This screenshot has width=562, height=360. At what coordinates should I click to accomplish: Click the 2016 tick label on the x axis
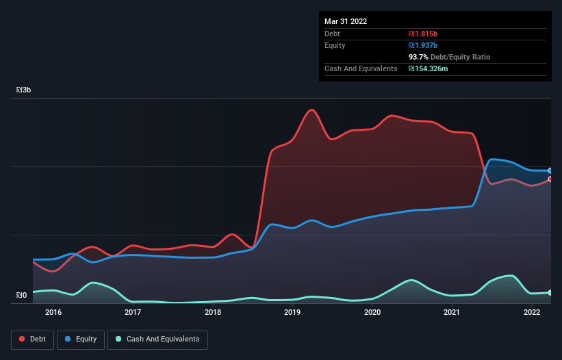(x=53, y=312)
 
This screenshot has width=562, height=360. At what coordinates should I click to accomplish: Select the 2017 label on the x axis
(x=133, y=312)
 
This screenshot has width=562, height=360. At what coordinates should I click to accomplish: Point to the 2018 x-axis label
(x=213, y=312)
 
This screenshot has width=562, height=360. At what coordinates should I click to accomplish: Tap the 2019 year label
(x=292, y=312)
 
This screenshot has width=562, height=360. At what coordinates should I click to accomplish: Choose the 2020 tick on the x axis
(x=372, y=312)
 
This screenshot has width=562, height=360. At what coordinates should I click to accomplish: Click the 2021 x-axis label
(x=452, y=312)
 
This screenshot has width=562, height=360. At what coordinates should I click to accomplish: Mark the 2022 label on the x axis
(x=532, y=312)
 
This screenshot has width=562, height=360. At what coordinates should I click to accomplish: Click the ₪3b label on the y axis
(x=23, y=90)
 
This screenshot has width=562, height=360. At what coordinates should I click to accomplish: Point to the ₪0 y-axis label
(x=21, y=296)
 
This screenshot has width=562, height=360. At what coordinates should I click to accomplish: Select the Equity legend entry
(x=81, y=339)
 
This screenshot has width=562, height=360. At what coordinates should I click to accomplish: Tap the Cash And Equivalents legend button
(x=157, y=339)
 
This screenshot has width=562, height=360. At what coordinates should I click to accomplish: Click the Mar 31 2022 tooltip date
(x=346, y=21)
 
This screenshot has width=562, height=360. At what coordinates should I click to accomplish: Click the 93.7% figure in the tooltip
(x=420, y=57)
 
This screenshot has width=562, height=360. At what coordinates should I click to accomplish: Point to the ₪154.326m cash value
(x=429, y=68)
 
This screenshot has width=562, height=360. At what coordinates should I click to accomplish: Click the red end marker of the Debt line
(x=550, y=179)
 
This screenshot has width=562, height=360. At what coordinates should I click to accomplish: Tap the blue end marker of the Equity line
(x=550, y=170)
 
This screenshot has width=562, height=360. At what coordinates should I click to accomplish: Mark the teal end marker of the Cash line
(x=550, y=292)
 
